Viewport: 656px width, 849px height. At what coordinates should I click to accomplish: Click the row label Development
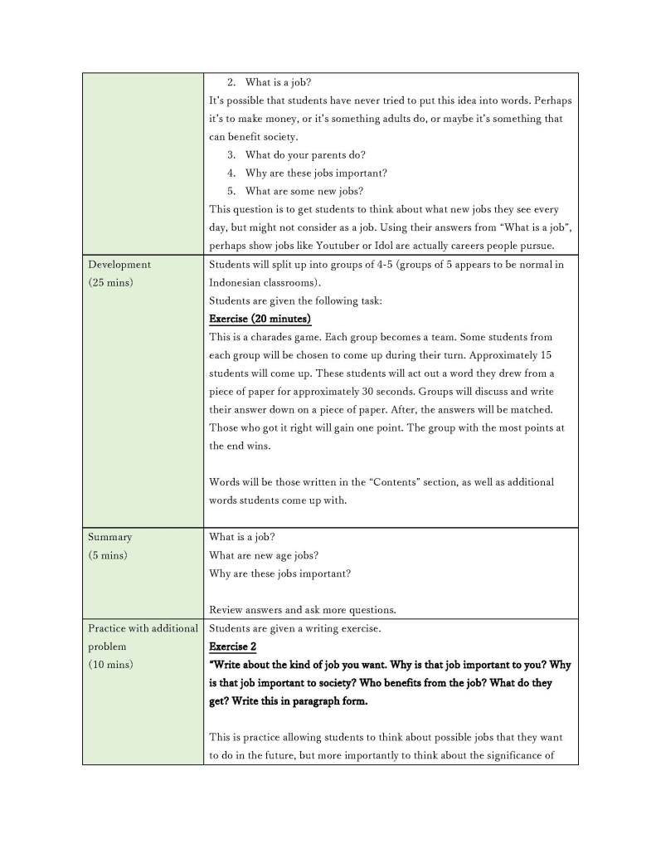click(x=119, y=265)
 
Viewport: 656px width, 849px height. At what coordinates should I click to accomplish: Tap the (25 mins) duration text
click(x=112, y=283)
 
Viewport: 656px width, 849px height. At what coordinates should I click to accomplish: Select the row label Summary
click(x=109, y=537)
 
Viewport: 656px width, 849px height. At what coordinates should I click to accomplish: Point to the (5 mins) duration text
click(x=109, y=555)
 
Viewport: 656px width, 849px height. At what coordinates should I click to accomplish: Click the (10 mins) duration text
click(x=110, y=665)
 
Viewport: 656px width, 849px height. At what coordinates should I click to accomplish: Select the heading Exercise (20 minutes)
click(x=260, y=320)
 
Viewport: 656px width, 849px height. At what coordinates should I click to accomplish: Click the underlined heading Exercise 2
click(x=233, y=647)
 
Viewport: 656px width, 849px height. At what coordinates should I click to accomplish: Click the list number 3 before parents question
click(x=231, y=155)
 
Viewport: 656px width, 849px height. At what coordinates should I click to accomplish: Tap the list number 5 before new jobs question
click(x=231, y=192)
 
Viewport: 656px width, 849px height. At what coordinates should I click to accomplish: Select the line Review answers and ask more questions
click(x=303, y=610)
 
